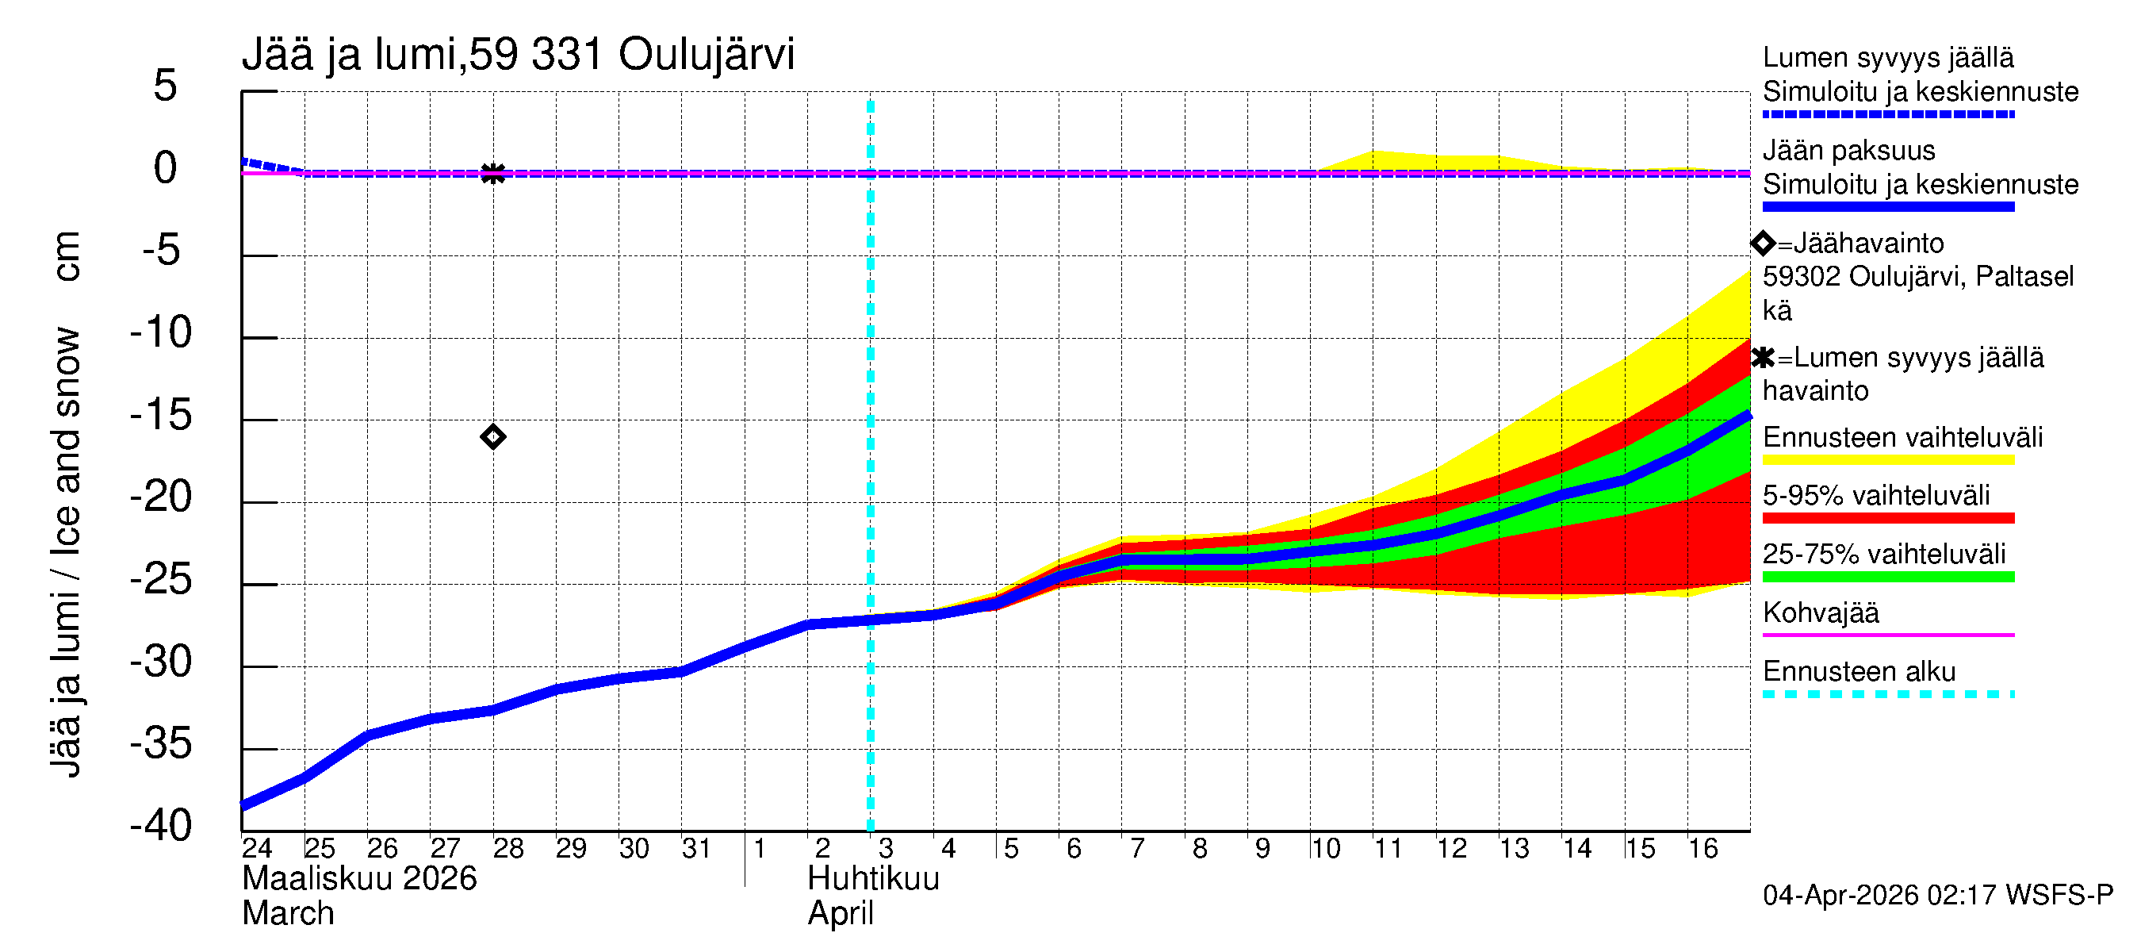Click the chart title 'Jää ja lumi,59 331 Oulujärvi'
pos(518,55)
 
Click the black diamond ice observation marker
pos(493,436)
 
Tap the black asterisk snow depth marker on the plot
pos(493,173)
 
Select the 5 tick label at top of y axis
pos(166,86)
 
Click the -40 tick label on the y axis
pos(160,826)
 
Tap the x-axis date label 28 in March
pos(507,848)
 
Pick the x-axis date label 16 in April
pos(1702,848)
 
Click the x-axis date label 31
pos(696,848)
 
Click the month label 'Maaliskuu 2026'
pos(359,879)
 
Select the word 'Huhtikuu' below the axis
pos(873,879)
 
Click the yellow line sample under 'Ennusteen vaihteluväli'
pos(1887,460)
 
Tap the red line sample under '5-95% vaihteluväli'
pos(1887,518)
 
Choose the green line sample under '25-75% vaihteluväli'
pos(1887,576)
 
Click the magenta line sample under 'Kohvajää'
pos(1887,635)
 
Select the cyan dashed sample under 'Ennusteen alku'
pos(1887,693)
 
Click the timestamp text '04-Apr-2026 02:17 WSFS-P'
pos(1937,895)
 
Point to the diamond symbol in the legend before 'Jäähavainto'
pos(1763,243)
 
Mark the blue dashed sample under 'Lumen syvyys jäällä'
pos(1887,114)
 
